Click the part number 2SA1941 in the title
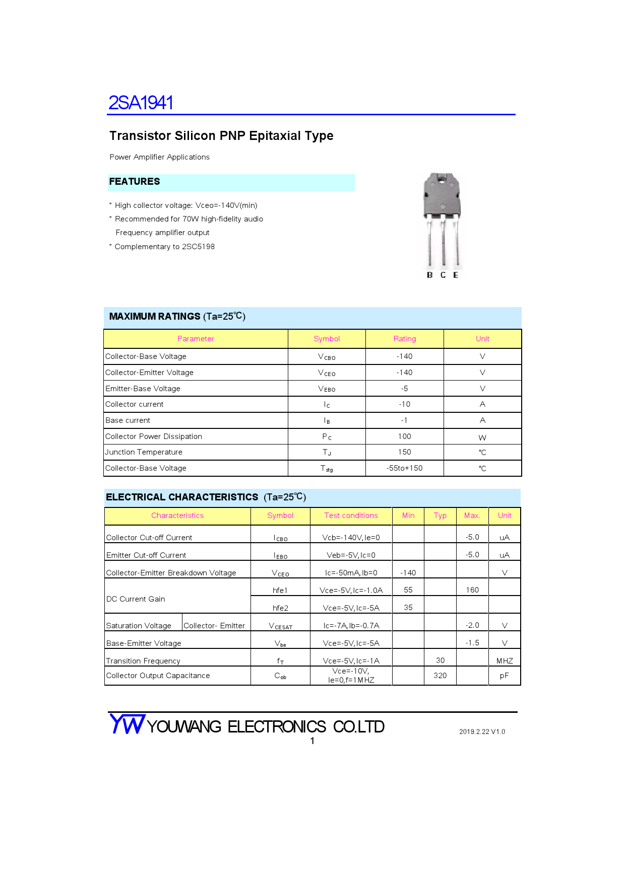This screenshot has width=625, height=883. coord(141,103)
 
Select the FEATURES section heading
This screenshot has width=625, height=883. coord(135,182)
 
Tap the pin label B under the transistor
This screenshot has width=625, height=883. coord(429,275)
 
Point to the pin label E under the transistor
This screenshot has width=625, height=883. coord(456,275)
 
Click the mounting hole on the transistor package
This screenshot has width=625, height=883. coord(442,179)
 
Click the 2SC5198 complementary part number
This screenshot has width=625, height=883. coord(198,247)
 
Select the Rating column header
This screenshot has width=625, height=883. coord(405,339)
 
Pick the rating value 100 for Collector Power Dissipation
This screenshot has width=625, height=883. coord(405,436)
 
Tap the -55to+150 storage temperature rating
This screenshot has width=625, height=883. coord(405,468)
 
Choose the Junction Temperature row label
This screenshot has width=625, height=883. coord(144,452)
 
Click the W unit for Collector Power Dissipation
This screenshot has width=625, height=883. coord(482,437)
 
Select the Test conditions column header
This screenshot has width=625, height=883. coord(351,516)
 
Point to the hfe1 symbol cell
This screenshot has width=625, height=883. coord(280,590)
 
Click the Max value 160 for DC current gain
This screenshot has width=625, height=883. coord(472,590)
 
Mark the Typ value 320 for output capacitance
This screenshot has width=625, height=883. coord(440,676)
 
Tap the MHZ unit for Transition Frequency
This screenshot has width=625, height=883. coord(505,661)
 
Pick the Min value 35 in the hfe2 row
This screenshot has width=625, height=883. coord(408,608)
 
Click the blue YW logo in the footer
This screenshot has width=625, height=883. coord(128,724)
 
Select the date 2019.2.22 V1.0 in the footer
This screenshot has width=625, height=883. coord(482,732)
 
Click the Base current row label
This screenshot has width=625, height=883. coord(128,420)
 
